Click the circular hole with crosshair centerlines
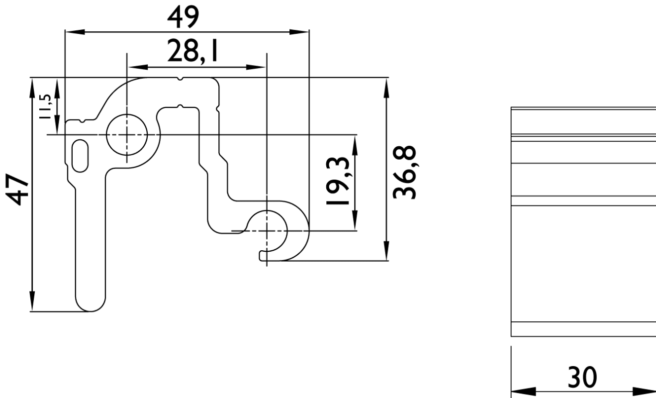tap(127, 135)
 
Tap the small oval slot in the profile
tap(80, 156)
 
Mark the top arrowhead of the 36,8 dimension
tap(386, 87)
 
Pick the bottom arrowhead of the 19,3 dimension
tap(355, 221)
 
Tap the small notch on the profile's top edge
tap(181, 79)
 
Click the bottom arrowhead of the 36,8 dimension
tap(386, 251)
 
